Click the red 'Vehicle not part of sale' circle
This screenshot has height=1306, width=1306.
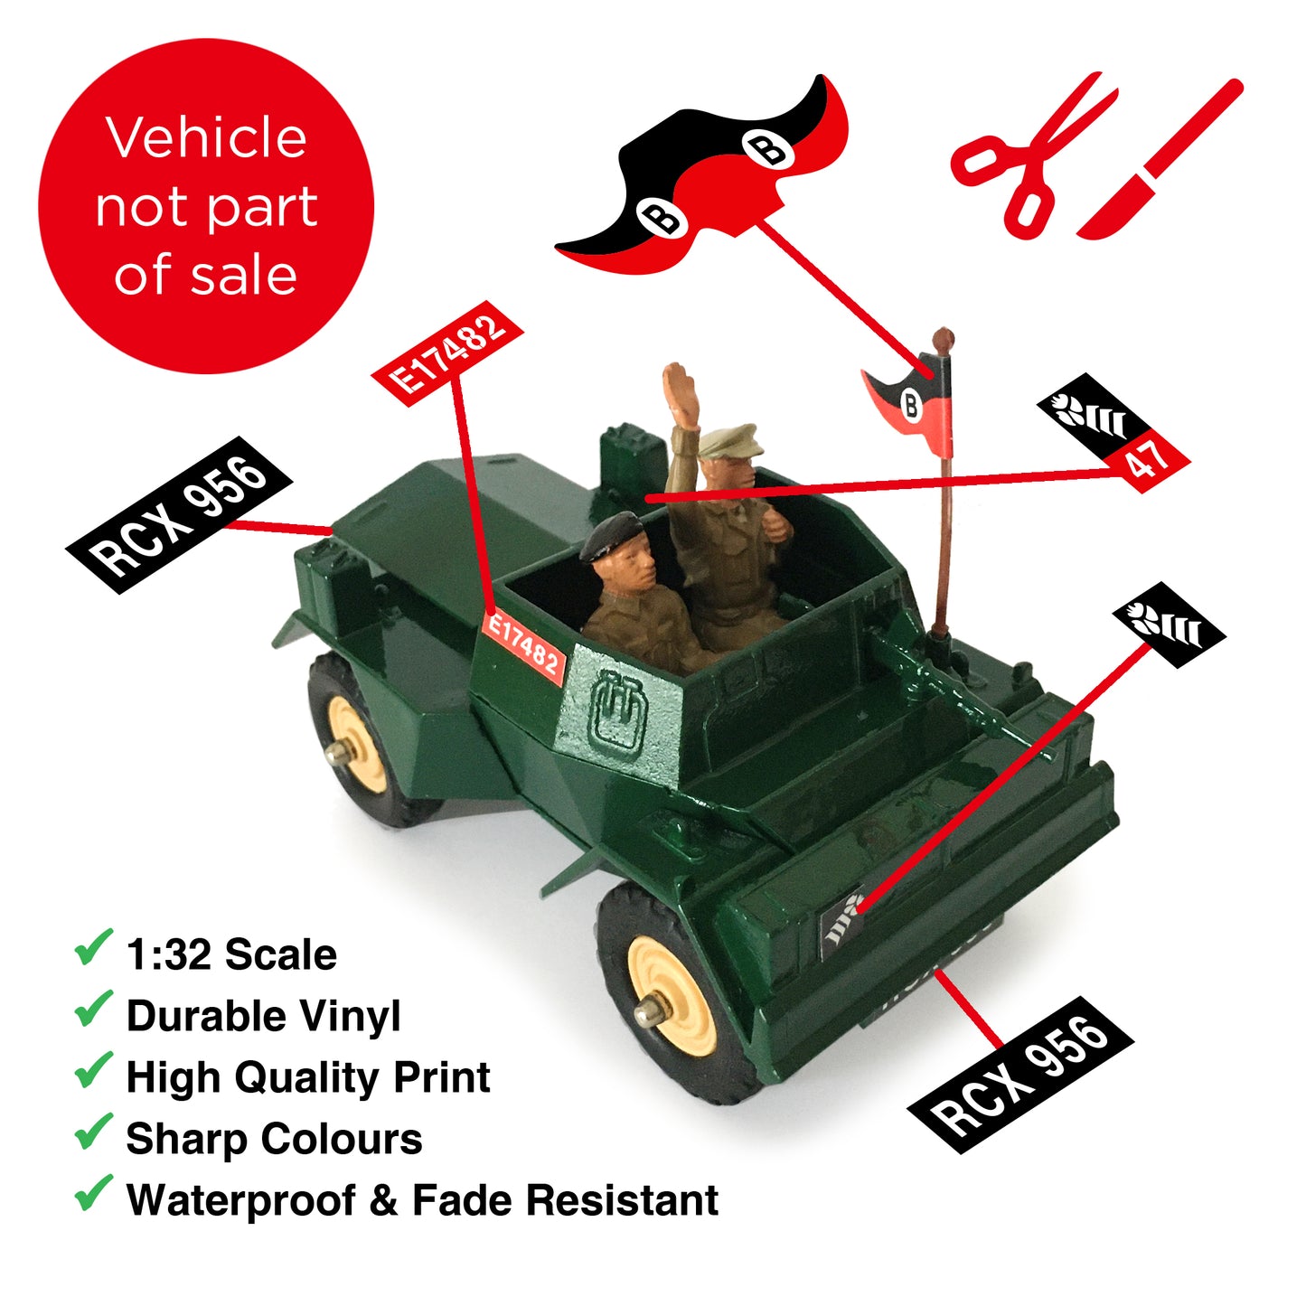(206, 206)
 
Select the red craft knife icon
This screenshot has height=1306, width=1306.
(1160, 160)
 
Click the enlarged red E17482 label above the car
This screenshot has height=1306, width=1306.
(448, 353)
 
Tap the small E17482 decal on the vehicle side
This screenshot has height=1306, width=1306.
(522, 648)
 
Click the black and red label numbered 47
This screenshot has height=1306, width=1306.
(1113, 433)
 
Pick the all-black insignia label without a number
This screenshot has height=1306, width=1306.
(1169, 625)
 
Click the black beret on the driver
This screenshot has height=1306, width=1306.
(611, 536)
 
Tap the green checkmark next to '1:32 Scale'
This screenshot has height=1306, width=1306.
(93, 946)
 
